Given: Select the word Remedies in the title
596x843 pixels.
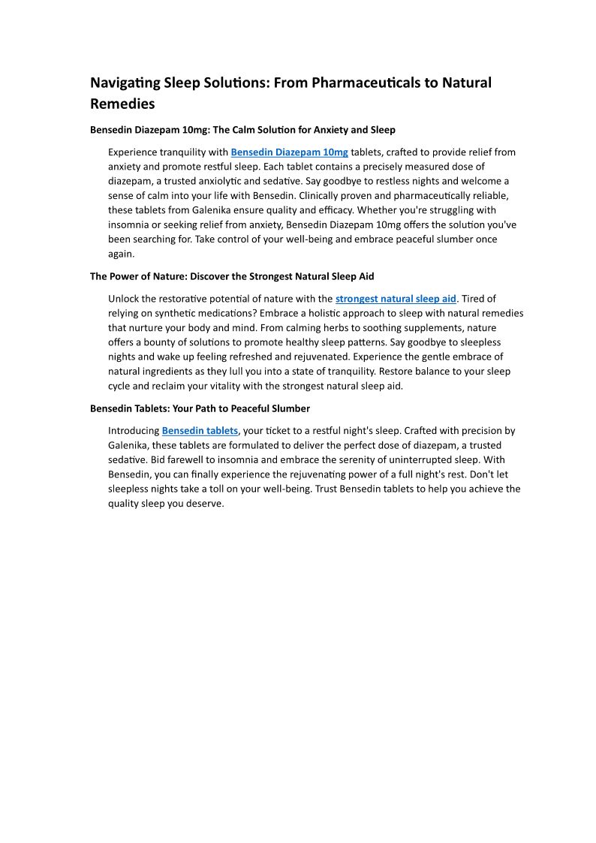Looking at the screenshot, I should (x=122, y=104).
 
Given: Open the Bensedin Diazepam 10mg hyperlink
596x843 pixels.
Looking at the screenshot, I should (x=289, y=152).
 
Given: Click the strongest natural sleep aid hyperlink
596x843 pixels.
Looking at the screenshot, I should (x=396, y=299).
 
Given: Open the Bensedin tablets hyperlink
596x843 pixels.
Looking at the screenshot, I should (x=200, y=431).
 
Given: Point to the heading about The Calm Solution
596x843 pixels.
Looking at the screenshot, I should (x=242, y=130).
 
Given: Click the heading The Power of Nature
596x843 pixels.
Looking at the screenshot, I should (x=232, y=276).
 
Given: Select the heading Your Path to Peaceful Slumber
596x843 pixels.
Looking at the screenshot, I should (x=200, y=408).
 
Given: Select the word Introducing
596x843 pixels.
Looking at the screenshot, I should (x=134, y=431).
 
